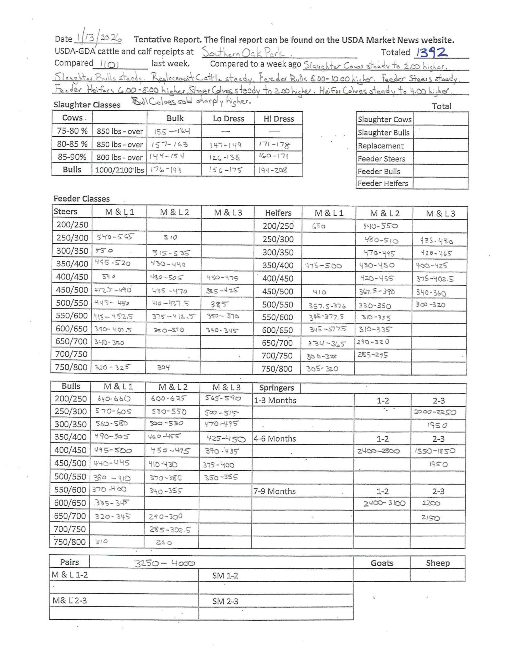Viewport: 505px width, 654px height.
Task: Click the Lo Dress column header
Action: (x=229, y=119)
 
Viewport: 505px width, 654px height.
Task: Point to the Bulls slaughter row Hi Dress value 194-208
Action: (x=272, y=170)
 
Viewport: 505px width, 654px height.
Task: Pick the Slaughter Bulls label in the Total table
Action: (x=383, y=132)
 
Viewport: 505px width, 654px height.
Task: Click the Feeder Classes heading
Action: (x=82, y=198)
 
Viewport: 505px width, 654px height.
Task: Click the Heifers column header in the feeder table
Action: (x=278, y=213)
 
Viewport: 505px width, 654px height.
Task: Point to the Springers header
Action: (x=276, y=388)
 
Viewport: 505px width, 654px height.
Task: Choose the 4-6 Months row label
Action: (x=275, y=438)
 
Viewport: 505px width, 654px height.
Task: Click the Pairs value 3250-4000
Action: (x=164, y=564)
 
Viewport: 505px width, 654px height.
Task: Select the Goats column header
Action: (x=382, y=563)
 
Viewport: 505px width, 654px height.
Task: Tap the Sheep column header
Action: (x=438, y=563)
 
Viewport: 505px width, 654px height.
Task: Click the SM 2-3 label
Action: (x=225, y=601)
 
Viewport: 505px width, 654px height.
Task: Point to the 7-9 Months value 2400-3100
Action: (x=384, y=503)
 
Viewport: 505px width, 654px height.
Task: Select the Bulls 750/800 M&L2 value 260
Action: (x=164, y=542)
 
